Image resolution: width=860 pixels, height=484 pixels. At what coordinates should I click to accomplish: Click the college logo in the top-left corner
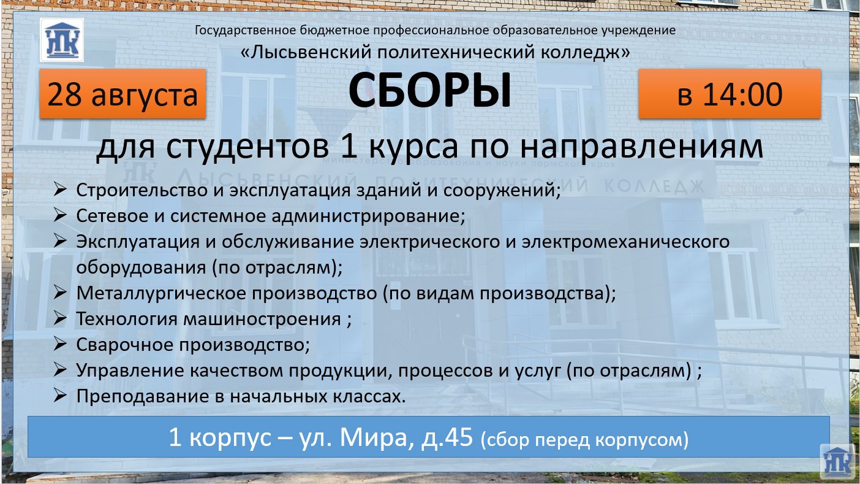coord(62,40)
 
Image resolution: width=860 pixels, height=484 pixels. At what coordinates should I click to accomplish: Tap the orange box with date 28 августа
coord(123,94)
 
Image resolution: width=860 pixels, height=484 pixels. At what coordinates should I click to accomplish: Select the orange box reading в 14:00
coord(730,94)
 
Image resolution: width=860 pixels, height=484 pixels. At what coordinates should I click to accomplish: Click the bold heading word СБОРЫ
coord(430,91)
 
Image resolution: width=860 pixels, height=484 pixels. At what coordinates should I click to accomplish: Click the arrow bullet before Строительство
coord(60,190)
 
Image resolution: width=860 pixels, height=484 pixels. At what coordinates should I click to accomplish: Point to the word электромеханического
coord(626,242)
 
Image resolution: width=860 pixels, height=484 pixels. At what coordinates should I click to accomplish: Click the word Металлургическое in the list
coord(161,293)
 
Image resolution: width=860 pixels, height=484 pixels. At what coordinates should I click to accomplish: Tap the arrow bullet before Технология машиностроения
coord(60,318)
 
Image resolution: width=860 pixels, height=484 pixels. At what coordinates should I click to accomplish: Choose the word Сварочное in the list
coord(125,345)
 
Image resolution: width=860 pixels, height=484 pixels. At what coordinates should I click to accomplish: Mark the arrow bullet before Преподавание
coord(60,396)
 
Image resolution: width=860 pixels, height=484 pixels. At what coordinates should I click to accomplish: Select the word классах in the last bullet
coord(369,396)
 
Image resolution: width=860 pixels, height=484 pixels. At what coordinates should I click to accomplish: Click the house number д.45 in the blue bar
coord(447,437)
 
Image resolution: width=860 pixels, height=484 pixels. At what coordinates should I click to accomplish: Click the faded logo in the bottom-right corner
coord(837,461)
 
